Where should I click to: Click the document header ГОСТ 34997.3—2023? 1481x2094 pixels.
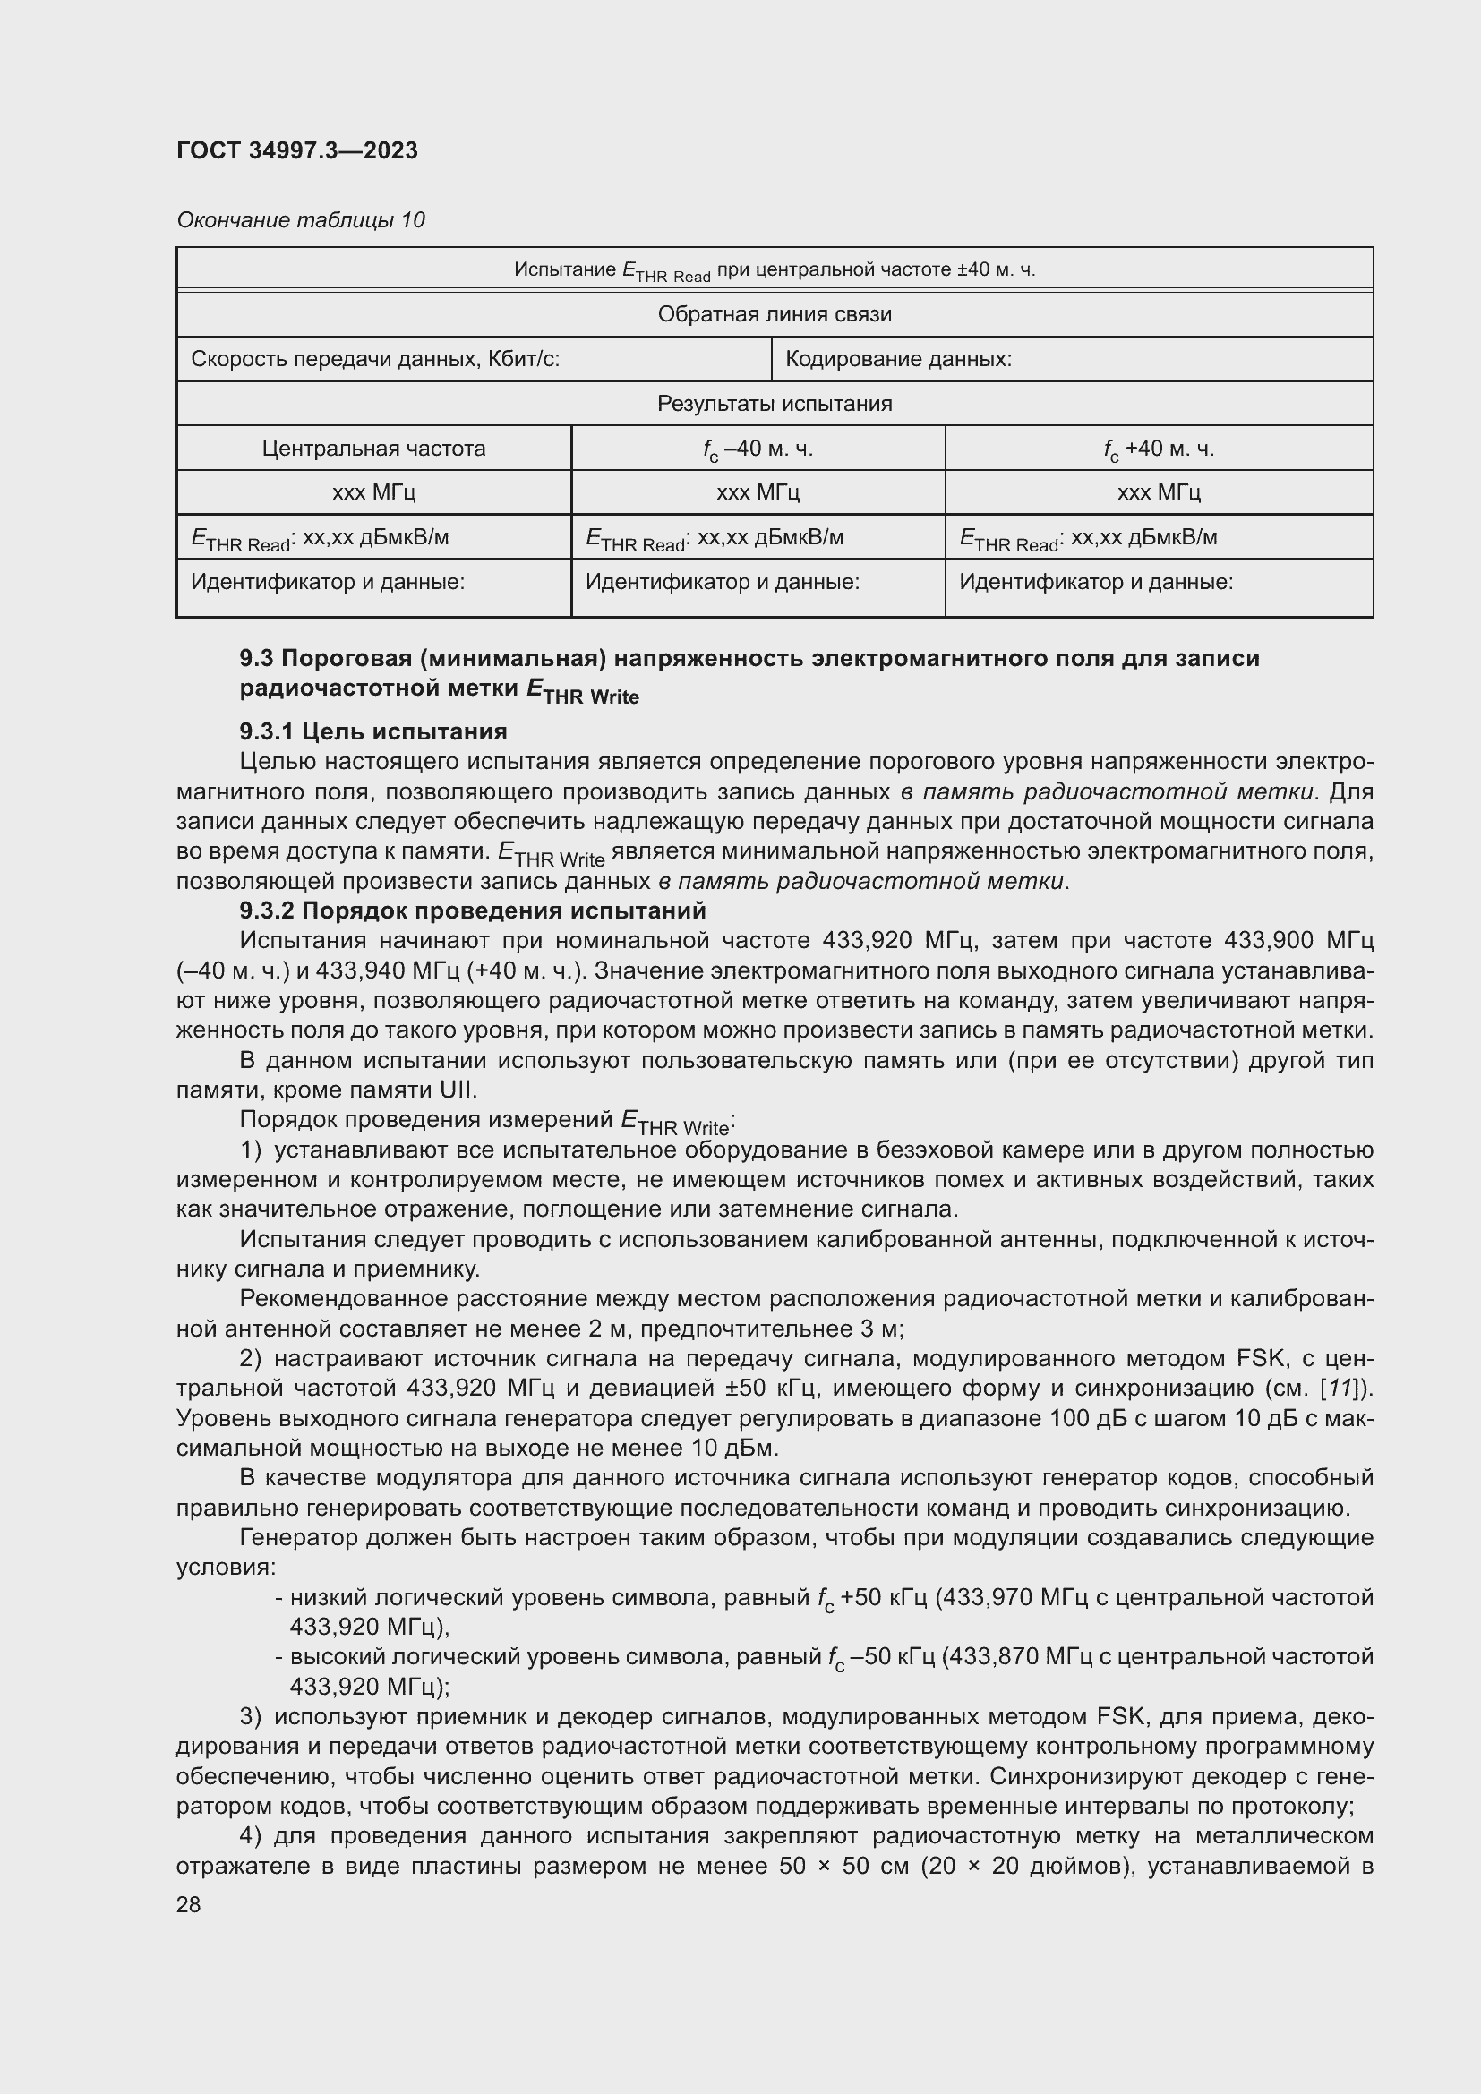click(296, 150)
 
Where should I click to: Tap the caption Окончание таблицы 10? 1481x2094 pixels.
click(300, 220)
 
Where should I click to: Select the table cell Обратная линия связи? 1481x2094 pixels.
click(775, 314)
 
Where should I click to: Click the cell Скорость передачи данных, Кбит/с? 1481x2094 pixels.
click(375, 359)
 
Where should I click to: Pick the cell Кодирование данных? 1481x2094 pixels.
click(897, 359)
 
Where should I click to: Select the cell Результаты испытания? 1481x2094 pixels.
click(775, 404)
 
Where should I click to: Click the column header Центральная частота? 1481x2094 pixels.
click(373, 449)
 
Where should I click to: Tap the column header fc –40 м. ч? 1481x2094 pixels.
click(757, 449)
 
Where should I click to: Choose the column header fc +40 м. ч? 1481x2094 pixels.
click(1158, 449)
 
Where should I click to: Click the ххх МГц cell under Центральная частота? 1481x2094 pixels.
click(373, 492)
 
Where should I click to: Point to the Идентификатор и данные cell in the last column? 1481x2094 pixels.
click(1095, 582)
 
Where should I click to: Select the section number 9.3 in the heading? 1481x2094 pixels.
click(256, 659)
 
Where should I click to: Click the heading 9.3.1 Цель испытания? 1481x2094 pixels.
click(373, 731)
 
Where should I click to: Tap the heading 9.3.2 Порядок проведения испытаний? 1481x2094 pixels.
click(473, 911)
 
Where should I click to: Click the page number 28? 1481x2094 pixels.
click(189, 1904)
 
